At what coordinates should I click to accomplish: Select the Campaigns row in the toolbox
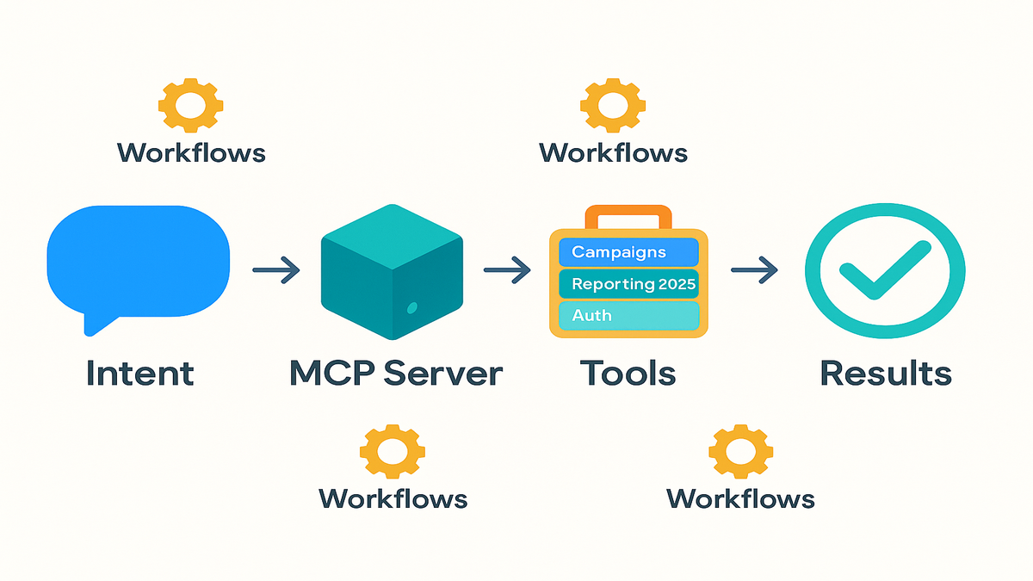click(x=628, y=252)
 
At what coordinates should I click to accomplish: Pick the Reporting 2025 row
click(x=628, y=284)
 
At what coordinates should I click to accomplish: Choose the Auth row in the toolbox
click(x=628, y=315)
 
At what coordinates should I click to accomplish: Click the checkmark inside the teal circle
click(x=874, y=271)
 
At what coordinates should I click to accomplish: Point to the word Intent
click(x=139, y=374)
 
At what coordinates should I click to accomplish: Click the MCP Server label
click(x=396, y=374)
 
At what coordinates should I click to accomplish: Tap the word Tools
click(x=628, y=374)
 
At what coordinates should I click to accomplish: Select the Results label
click(x=886, y=374)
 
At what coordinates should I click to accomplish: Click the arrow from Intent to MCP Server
click(x=276, y=271)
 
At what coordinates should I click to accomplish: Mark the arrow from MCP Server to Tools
click(x=507, y=271)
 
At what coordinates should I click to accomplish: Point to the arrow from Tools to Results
click(x=754, y=271)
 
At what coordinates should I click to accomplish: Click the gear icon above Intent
click(x=191, y=105)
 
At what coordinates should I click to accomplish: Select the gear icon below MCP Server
click(x=393, y=450)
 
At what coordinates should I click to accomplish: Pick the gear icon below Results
click(x=740, y=450)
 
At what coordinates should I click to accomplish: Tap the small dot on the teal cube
click(x=411, y=307)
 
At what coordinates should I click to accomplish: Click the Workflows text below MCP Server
click(x=393, y=498)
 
